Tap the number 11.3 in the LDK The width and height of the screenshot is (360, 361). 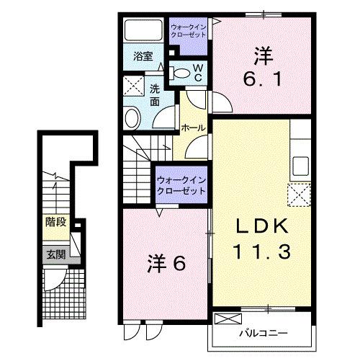point(261,251)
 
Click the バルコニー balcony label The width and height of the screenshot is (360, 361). point(262,334)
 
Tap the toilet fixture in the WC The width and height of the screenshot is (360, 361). point(180,73)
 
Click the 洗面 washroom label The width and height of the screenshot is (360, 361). point(155,96)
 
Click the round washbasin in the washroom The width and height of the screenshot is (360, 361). point(132,117)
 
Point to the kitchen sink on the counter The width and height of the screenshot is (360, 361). point(299,162)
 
